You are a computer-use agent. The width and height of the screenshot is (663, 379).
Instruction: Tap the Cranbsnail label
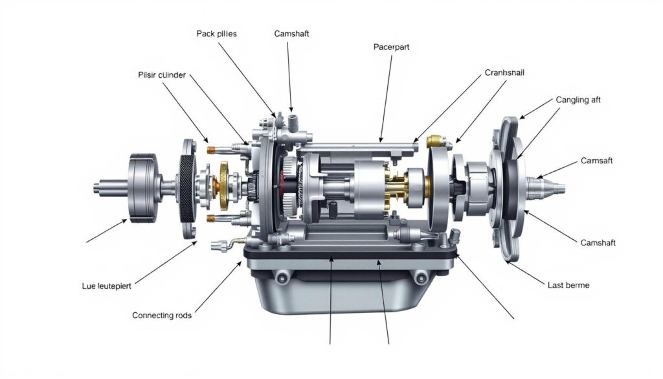click(504, 73)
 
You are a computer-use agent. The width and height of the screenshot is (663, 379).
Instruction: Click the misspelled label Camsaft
click(596, 160)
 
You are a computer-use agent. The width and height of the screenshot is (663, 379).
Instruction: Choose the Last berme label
click(568, 285)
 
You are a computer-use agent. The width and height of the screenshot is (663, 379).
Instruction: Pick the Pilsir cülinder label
click(162, 75)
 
